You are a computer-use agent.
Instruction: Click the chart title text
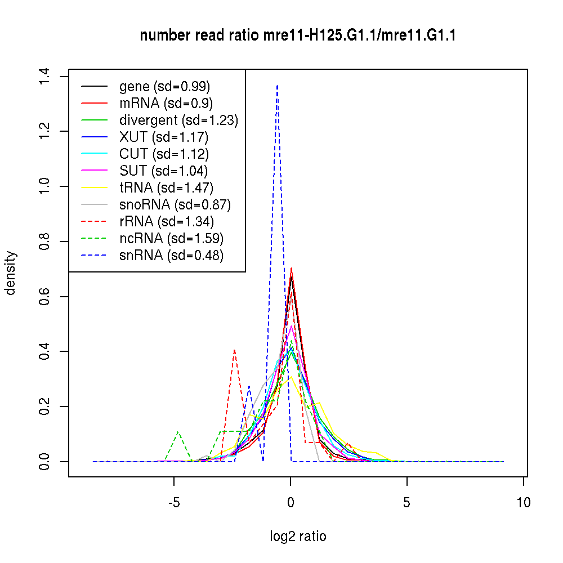click(298, 35)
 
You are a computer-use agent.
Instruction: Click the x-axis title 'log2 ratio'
click(298, 536)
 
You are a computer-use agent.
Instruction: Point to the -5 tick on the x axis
click(174, 502)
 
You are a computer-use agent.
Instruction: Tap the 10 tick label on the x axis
click(524, 502)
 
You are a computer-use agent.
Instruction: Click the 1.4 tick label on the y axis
click(45, 76)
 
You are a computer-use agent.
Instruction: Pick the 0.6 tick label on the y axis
click(45, 296)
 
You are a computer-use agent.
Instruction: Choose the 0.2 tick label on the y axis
click(45, 406)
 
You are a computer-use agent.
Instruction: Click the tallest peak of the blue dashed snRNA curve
click(277, 86)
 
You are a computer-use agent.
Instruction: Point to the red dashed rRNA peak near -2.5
click(234, 350)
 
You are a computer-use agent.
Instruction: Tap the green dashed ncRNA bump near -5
click(178, 432)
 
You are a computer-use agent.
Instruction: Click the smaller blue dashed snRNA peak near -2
click(249, 386)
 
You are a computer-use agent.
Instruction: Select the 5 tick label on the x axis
click(407, 502)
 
